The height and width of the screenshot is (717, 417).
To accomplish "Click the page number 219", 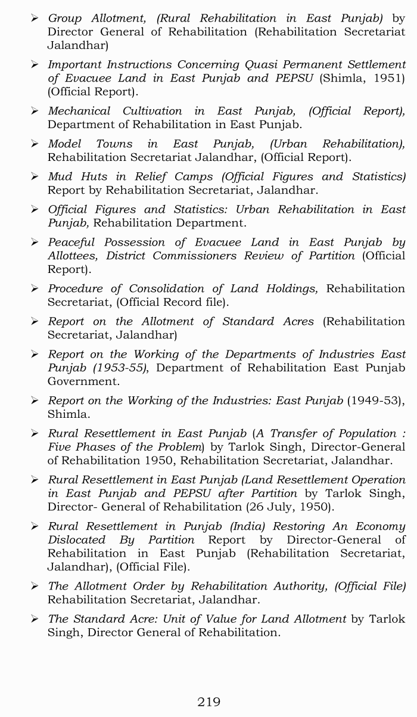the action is coord(208,702).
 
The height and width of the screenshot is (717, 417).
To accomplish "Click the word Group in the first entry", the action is coord(65,18).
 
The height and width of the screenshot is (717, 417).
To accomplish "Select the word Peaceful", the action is coord(72,243).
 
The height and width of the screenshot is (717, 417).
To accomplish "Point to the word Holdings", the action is coord(288,288).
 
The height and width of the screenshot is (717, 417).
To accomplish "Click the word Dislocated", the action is coord(76,540).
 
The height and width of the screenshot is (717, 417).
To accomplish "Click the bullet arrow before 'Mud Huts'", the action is coord(35,177).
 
